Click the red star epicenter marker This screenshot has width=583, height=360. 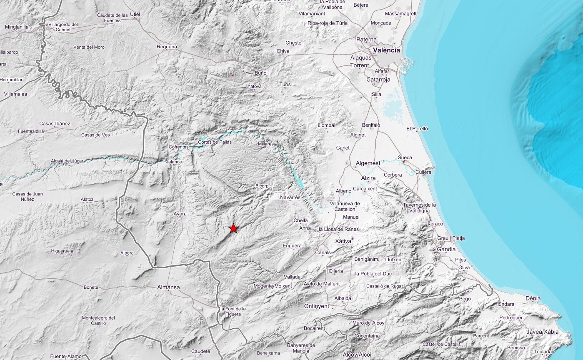pos(233,228)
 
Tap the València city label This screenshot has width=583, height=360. pos(386,50)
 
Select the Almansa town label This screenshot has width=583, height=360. pos(169,287)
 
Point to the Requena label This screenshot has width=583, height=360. pos(167,47)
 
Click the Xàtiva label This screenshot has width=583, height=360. pos(343,241)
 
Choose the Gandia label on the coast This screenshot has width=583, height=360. pos(446,249)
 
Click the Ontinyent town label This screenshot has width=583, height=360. pos(316,306)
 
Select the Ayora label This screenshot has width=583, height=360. pos(180,214)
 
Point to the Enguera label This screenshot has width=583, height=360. pos(292,246)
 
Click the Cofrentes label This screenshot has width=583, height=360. pos(178,147)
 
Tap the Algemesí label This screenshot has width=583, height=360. pos(368,163)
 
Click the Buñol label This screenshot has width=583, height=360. pos(261,73)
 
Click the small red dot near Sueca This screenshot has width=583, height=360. pos(403,162)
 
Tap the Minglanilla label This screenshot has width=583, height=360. pos(17,27)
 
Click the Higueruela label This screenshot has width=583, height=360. pos(62,251)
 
